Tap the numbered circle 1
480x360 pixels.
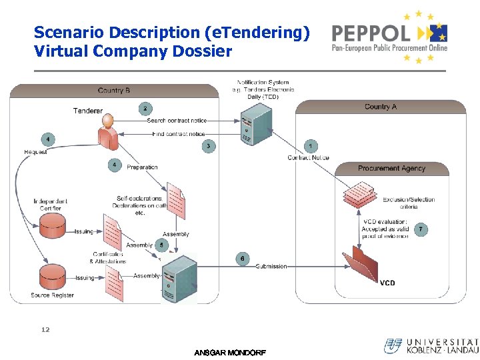(310, 145)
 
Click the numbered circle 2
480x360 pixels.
(145, 108)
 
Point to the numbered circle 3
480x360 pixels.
(209, 146)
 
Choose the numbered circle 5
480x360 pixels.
(162, 245)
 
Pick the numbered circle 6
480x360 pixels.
(243, 258)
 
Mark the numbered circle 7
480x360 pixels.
(421, 229)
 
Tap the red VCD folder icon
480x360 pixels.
(361, 266)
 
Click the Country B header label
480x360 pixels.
(114, 91)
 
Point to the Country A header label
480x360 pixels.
(381, 107)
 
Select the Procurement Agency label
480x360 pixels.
(391, 168)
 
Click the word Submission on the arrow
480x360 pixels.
(271, 266)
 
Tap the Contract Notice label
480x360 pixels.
(308, 158)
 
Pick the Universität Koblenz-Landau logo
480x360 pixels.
(431, 345)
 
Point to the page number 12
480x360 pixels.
(45, 329)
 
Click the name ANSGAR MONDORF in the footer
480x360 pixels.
(229, 353)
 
